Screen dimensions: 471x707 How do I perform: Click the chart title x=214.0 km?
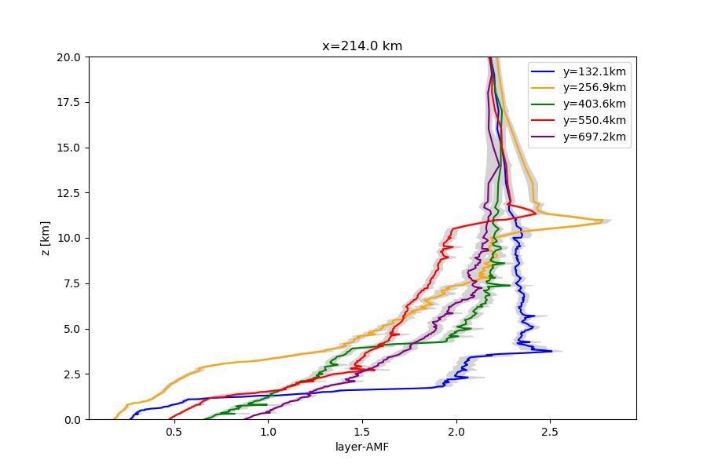pos(362,46)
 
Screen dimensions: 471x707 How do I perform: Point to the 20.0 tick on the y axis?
pos(71,57)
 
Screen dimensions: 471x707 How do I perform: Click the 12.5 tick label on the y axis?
pos(71,193)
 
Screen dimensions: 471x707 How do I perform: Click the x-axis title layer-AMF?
pos(362,447)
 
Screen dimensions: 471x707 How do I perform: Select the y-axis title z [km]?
pos(46,238)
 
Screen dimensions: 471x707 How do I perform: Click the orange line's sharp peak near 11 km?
pos(603,221)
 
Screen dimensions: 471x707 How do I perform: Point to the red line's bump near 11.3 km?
pos(537,213)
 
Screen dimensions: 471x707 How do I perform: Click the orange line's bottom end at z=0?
pos(115,418)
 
